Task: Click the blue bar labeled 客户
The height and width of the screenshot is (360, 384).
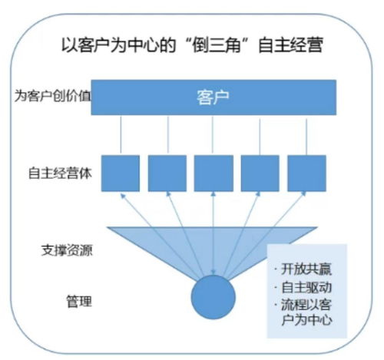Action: pyautogui.click(x=214, y=97)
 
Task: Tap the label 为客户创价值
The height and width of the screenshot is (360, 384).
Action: pyautogui.click(x=53, y=96)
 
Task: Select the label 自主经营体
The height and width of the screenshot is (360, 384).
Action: pyautogui.click(x=60, y=173)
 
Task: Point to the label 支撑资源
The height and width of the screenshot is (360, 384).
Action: pyautogui.click(x=67, y=250)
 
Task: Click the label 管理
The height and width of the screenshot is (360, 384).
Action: pyautogui.click(x=79, y=301)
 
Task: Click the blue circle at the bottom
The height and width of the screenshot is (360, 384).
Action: pyautogui.click(x=214, y=297)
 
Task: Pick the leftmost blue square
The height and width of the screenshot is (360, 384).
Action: pyautogui.click(x=121, y=173)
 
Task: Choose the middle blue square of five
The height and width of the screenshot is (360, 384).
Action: pyautogui.click(x=214, y=173)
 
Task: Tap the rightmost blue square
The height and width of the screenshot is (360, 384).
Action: pyautogui.click(x=306, y=173)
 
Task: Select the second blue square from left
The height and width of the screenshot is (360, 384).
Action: pyautogui.click(x=167, y=173)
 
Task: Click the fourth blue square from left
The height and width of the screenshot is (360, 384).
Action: pyautogui.click(x=260, y=173)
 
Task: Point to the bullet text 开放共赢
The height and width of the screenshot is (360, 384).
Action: pyautogui.click(x=306, y=269)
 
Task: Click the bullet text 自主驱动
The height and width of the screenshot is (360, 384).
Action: pyautogui.click(x=306, y=287)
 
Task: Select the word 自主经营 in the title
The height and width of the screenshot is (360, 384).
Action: pyautogui.click(x=290, y=45)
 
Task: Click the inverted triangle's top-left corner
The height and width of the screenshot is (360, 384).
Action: pyautogui.click(x=107, y=227)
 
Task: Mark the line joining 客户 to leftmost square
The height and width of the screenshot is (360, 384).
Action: pyautogui.click(x=121, y=134)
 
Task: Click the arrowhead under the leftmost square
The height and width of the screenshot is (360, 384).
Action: pyautogui.click(x=123, y=196)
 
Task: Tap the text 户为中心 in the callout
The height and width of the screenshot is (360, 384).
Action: pyautogui.click(x=306, y=320)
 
